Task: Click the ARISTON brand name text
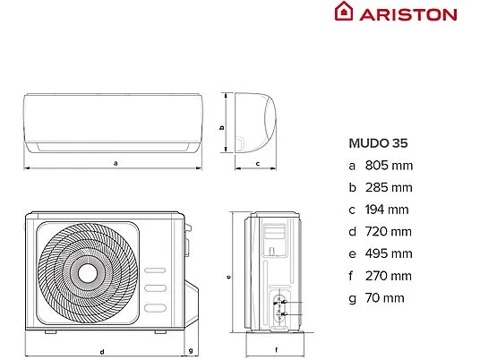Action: [408, 14]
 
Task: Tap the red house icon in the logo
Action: [344, 12]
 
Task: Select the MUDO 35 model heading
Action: [379, 143]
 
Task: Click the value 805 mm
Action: [389, 166]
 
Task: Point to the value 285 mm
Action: [389, 188]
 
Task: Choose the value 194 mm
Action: [387, 210]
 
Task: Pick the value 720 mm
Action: [389, 232]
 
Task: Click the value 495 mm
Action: [389, 253]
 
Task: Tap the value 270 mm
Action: [389, 276]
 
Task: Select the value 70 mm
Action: [385, 298]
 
